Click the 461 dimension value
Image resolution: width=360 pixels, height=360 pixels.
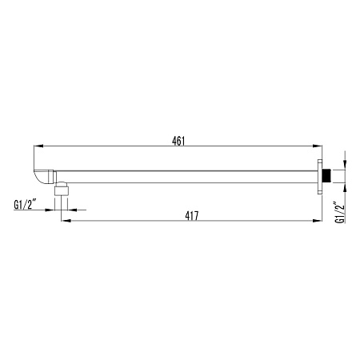(x=178, y=141)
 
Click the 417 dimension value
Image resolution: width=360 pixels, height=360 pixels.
(x=192, y=216)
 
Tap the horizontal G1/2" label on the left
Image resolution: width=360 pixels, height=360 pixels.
(x=25, y=205)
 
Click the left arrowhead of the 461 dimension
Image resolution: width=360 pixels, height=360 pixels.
(x=38, y=146)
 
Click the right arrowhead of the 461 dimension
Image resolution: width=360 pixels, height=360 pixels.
(x=318, y=146)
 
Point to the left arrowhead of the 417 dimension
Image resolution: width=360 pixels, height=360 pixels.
(x=66, y=221)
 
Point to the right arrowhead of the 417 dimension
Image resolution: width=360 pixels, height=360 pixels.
(x=318, y=221)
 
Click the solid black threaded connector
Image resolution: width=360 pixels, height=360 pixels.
(x=325, y=176)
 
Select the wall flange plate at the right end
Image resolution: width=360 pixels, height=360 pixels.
(x=320, y=176)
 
